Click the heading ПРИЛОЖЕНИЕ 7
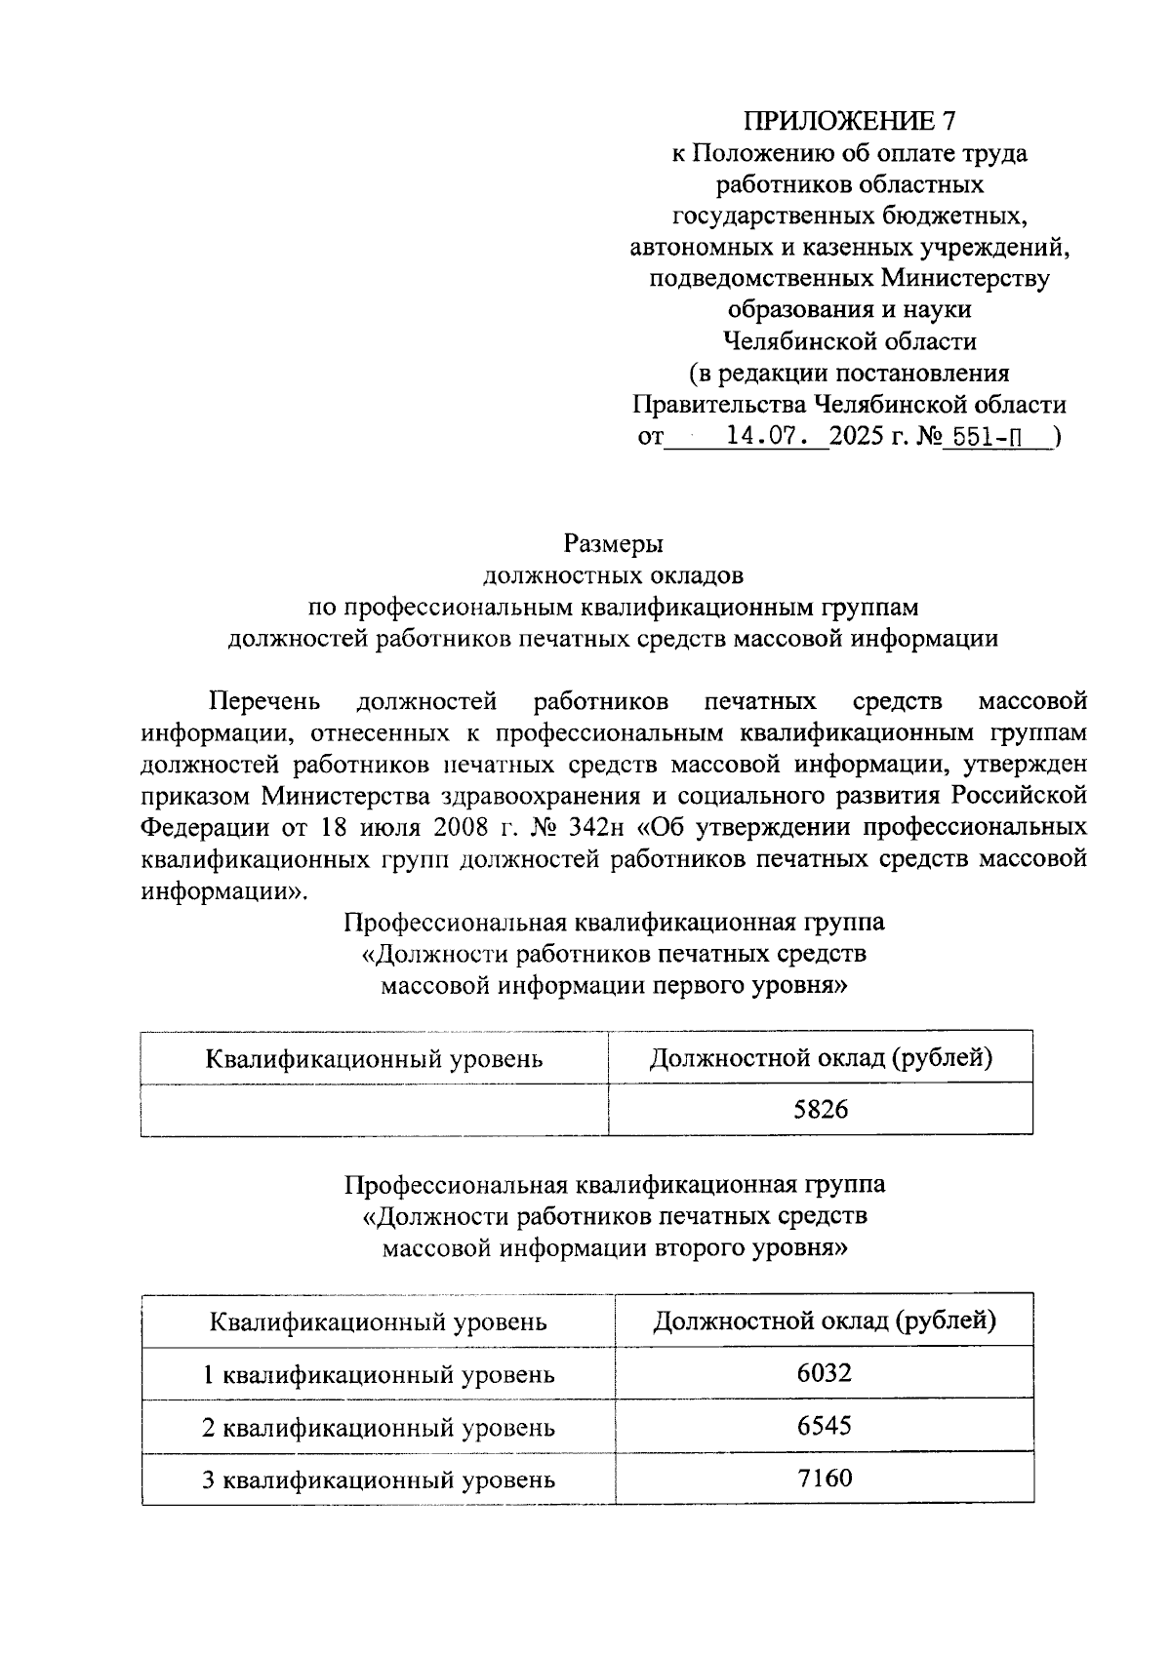[x=850, y=121]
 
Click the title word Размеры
[x=613, y=543]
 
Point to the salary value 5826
[x=821, y=1109]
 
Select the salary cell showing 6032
[x=824, y=1373]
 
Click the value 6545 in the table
[x=824, y=1426]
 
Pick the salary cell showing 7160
[x=824, y=1479]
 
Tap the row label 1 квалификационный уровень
[x=378, y=1375]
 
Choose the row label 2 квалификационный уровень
[x=378, y=1428]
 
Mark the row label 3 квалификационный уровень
[x=378, y=1480]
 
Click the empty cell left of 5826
[x=374, y=1109]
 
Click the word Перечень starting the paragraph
[x=264, y=701]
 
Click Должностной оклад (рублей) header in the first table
[x=821, y=1057]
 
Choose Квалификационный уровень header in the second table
[x=378, y=1322]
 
